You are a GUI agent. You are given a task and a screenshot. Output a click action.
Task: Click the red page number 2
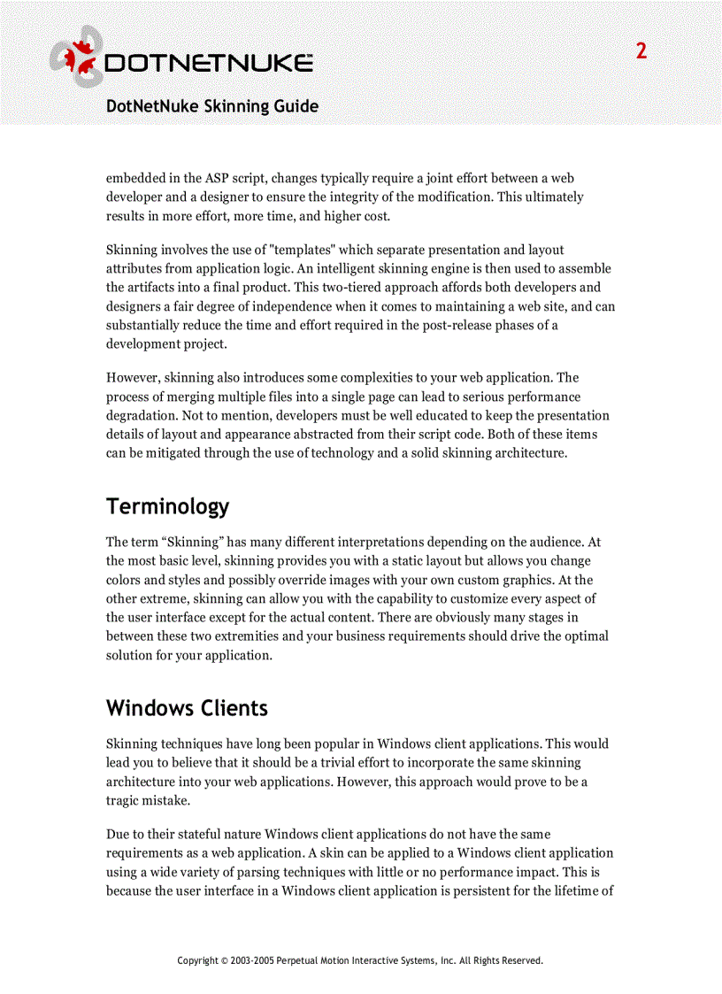641,51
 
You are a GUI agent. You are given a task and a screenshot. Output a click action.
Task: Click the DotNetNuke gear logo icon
76,57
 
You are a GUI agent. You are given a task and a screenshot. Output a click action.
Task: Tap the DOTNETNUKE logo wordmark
209,64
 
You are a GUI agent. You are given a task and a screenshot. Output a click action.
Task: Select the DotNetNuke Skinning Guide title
212,106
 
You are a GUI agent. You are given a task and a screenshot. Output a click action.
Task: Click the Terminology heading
167,506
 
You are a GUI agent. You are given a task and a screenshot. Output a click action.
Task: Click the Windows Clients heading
187,708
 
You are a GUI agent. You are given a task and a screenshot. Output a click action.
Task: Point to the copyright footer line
360,960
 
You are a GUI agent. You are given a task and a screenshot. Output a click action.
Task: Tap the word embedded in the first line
136,178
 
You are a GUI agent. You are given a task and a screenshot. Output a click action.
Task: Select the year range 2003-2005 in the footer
252,960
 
